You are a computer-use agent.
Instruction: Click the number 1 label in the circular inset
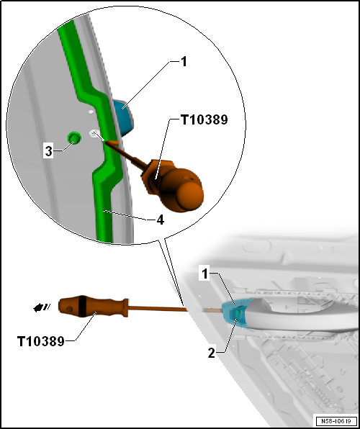[184, 62]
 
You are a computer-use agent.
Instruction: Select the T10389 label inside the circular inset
[204, 119]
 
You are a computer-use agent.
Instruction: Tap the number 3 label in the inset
[49, 151]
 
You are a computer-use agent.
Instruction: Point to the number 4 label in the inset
[160, 220]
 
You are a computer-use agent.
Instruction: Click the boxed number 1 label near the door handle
[204, 274]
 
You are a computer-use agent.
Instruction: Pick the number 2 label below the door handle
[212, 353]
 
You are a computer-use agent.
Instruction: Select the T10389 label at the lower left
[41, 341]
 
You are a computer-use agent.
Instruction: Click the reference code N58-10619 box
[336, 421]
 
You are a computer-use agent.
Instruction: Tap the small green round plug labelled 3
[74, 137]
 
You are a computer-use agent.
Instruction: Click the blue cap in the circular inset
[124, 117]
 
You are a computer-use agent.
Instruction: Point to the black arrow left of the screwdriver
[42, 308]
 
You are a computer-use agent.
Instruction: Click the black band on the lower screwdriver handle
[82, 306]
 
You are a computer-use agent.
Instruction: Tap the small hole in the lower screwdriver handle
[70, 309]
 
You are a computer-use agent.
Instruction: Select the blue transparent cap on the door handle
[235, 312]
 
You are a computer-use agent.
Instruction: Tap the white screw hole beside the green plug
[94, 133]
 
